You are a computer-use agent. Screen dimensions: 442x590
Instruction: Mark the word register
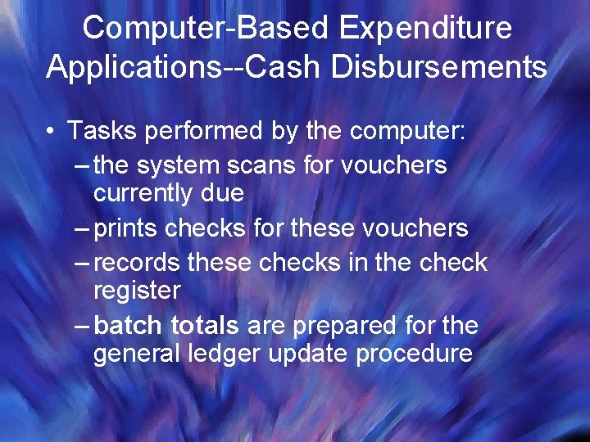pyautogui.click(x=137, y=291)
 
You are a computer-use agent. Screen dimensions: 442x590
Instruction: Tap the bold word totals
pyautogui.click(x=205, y=325)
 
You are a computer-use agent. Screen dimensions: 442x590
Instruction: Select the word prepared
pyautogui.click(x=343, y=325)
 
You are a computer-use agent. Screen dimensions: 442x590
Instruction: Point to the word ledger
pyautogui.click(x=236, y=354)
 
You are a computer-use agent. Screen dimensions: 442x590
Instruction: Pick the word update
pyautogui.click(x=318, y=354)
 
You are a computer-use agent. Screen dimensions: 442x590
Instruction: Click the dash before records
pyautogui.click(x=83, y=264)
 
